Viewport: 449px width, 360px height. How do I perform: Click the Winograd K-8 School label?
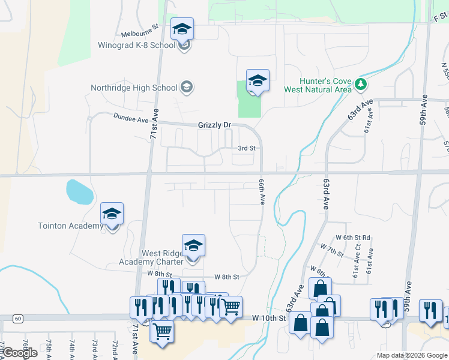point(137,46)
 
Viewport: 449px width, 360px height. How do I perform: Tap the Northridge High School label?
point(134,88)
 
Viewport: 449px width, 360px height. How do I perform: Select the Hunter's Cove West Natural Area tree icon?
point(361,83)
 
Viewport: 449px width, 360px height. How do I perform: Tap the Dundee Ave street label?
point(131,119)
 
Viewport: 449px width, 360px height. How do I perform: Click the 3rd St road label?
point(247,148)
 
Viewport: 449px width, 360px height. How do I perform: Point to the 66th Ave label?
point(262,191)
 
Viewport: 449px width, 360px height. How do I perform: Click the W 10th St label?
point(268,317)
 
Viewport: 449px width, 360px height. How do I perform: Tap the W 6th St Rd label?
point(353,238)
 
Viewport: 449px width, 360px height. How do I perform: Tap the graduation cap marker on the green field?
point(258,81)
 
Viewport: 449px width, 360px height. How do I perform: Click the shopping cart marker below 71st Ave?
point(162,331)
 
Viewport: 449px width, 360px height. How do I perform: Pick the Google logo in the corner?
point(19,353)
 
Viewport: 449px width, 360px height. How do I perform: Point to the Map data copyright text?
point(411,355)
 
